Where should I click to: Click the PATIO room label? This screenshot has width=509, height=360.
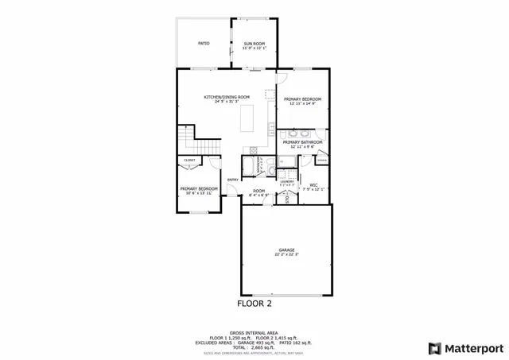pos(203,42)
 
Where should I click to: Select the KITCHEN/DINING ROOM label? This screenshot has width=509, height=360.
pos(221,99)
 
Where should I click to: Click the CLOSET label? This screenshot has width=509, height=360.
pos(189,160)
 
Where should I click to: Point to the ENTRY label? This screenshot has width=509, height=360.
pos(233,180)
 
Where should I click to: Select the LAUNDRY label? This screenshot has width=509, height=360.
pos(286,182)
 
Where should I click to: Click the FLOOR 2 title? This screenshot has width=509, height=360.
pos(254,304)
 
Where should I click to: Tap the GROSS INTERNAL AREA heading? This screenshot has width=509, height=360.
pos(254,332)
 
